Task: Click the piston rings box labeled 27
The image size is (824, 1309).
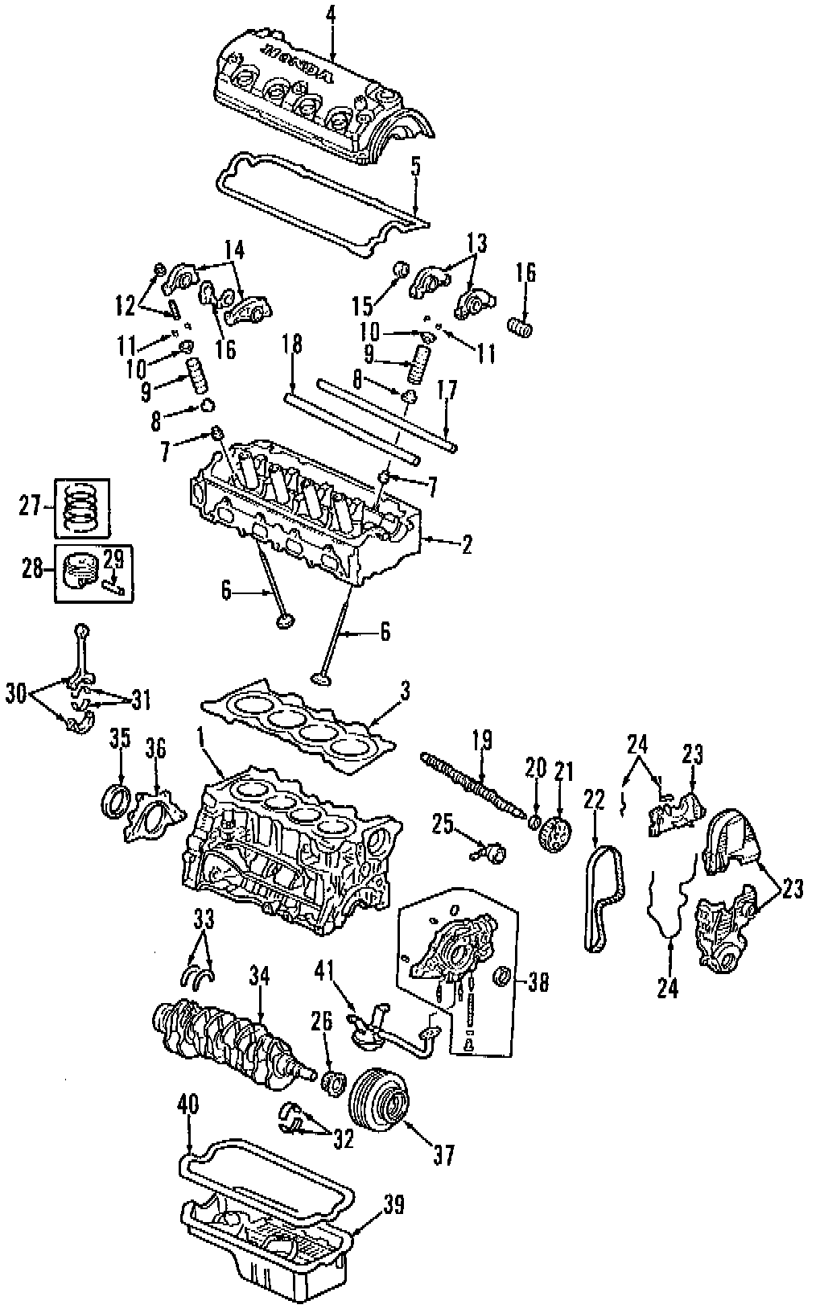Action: (x=83, y=509)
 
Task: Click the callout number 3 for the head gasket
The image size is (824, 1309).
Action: (x=405, y=690)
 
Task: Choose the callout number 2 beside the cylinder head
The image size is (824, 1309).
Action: (x=466, y=544)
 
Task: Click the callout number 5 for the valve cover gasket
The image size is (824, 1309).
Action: (x=415, y=167)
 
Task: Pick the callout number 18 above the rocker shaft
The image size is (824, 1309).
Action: (x=293, y=345)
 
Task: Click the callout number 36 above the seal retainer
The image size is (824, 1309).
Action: (x=155, y=750)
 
